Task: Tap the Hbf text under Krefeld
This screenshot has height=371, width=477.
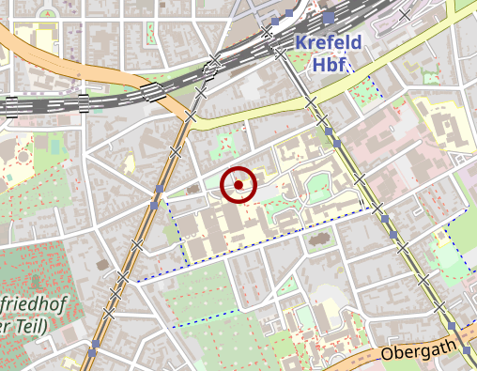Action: click(330, 66)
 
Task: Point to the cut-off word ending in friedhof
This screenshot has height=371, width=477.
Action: click(27, 303)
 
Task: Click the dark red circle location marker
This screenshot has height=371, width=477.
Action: click(239, 185)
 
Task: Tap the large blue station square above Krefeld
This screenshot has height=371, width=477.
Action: click(328, 18)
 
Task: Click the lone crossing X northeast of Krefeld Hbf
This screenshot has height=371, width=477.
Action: click(405, 14)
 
